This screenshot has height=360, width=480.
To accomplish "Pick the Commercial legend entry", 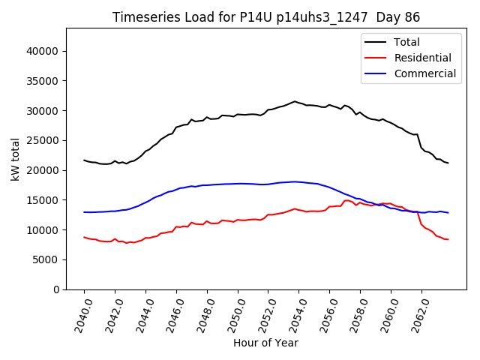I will pos(424,73).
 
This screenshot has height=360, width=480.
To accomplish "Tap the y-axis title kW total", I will pos(15,159).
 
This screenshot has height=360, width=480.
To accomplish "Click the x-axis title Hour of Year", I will pos(265,343).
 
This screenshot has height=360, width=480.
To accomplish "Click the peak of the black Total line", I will pos(295,101).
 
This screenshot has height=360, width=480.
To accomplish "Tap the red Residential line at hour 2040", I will pos(85,237).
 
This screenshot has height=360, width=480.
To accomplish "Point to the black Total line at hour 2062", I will pos(421,147).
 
